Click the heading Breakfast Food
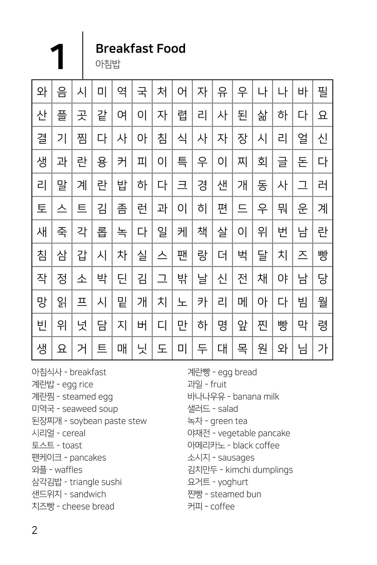[x=140, y=48]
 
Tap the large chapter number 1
[x=58, y=57]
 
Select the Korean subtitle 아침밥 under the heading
[x=108, y=64]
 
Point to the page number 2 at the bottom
[x=35, y=530]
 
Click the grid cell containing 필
[x=322, y=92]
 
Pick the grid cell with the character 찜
[x=82, y=138]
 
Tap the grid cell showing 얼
[x=302, y=138]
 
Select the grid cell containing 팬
[x=182, y=255]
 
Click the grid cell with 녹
[x=122, y=232]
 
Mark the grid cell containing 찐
[x=262, y=325]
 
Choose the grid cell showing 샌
[x=222, y=185]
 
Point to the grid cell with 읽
[x=62, y=302]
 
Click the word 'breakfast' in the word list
[x=88, y=372]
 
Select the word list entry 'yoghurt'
[x=233, y=482]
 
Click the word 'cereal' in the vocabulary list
[x=73, y=433]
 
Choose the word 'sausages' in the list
[x=236, y=457]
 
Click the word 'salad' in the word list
[x=228, y=409]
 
